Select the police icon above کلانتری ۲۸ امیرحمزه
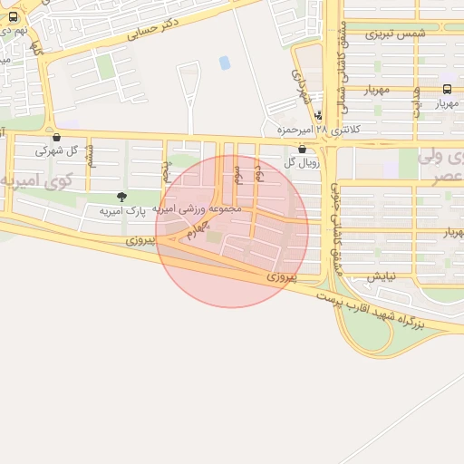pyautogui.click(x=318, y=115)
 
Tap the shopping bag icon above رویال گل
pyautogui.click(x=302, y=149)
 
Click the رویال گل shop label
pyautogui.click(x=301, y=162)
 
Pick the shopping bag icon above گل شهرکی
pyautogui.click(x=57, y=138)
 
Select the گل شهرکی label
pyautogui.click(x=56, y=150)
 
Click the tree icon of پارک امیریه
pyautogui.click(x=121, y=197)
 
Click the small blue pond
pyautogui.click(x=224, y=63)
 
